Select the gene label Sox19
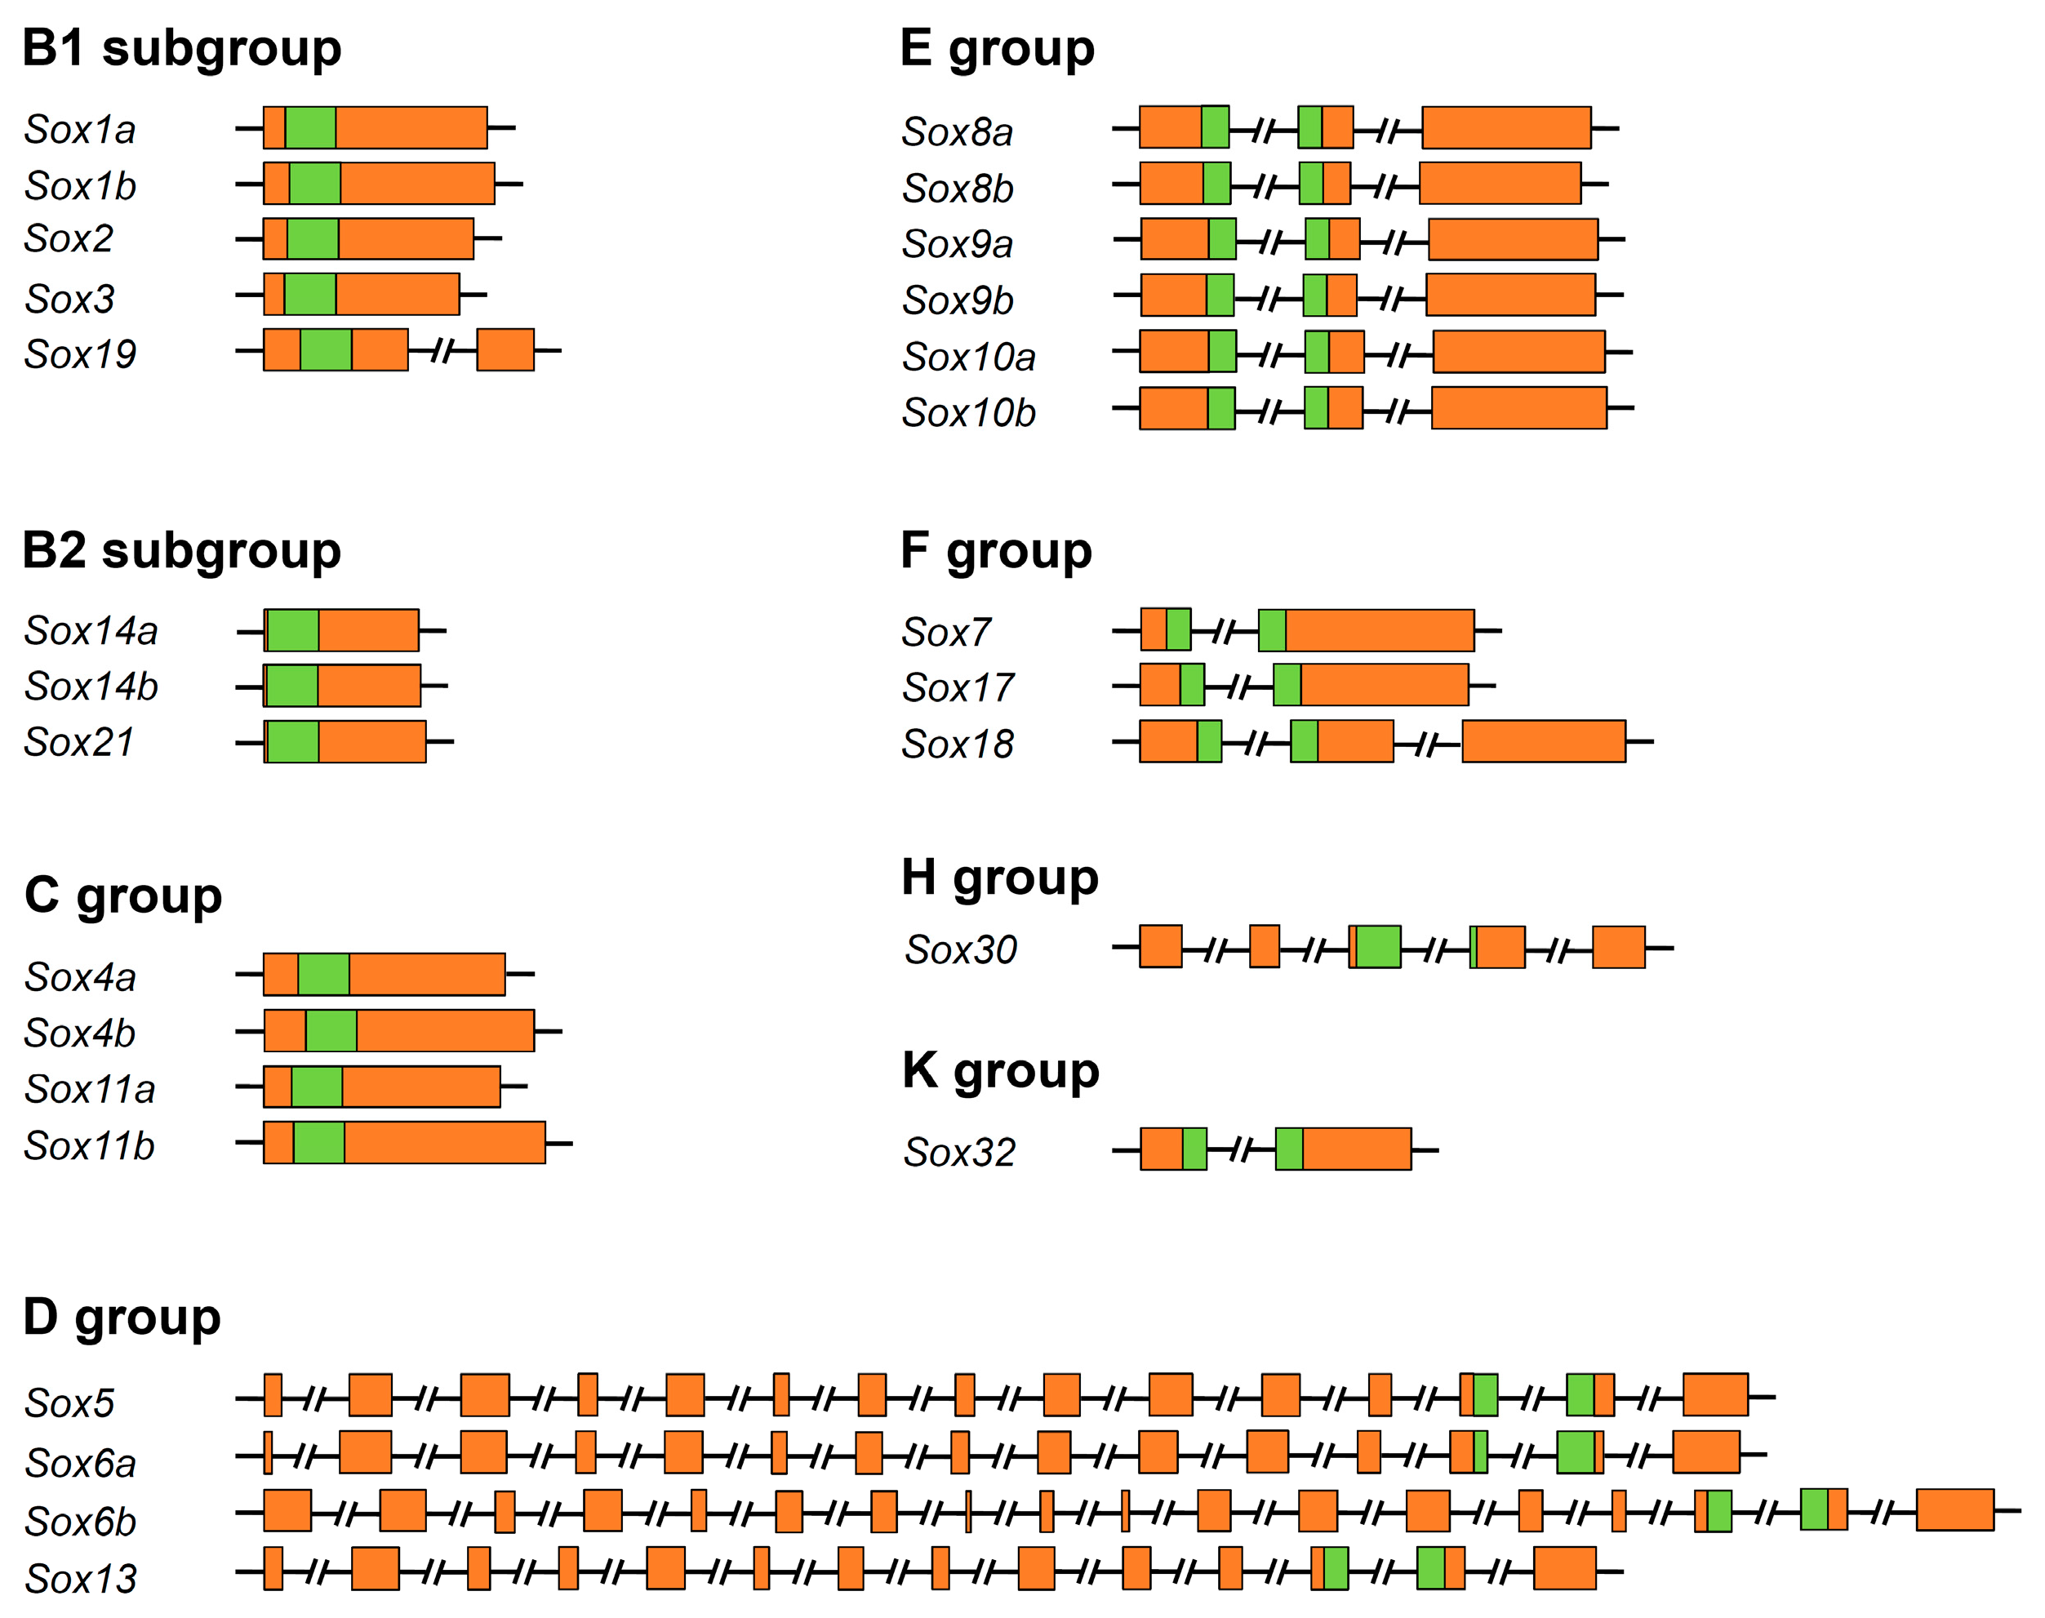[81, 354]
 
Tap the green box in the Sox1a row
[311, 128]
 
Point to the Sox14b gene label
[91, 687]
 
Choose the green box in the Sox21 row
[293, 742]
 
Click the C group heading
[123, 896]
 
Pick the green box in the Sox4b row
[331, 1031]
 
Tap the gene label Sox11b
[89, 1145]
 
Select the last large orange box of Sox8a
[1506, 128]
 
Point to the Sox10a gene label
[968, 357]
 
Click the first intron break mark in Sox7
[1225, 630]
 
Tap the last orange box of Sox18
[1543, 742]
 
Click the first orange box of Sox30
[1160, 947]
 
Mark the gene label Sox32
[958, 1152]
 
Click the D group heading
[122, 1317]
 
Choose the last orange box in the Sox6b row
[1954, 1510]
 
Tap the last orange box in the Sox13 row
[1564, 1567]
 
